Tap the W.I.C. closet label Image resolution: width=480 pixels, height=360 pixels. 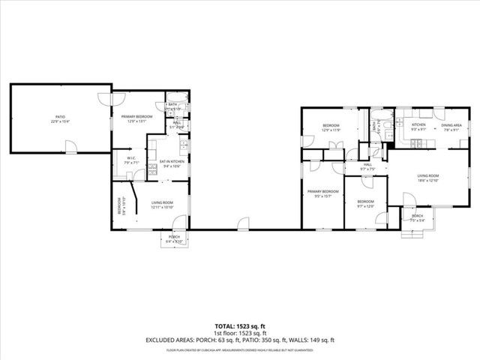pos(130,158)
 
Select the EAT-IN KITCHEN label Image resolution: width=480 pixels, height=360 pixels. pos(172,162)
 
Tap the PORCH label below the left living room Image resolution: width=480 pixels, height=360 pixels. pos(174,237)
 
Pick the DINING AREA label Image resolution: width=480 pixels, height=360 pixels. pos(451,124)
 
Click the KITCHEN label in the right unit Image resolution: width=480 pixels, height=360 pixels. pos(418,124)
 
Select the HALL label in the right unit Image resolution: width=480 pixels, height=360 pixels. pos(367,164)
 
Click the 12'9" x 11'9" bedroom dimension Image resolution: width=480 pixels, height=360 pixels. pos(331,130)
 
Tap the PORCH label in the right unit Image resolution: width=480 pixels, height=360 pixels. pos(417,216)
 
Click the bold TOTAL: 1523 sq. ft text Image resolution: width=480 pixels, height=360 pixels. pos(240,326)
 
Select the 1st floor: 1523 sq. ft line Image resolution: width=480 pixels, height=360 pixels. pos(240,333)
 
